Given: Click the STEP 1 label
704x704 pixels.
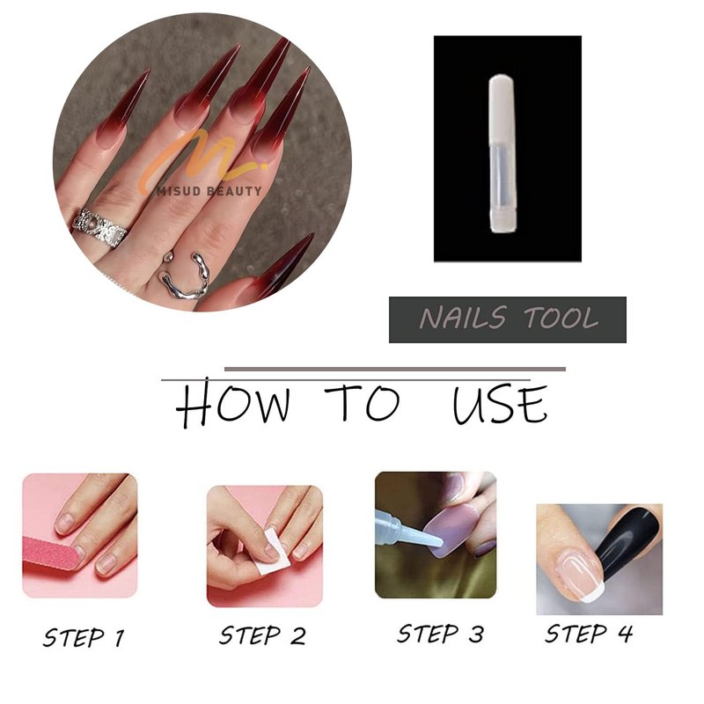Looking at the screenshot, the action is (x=84, y=637).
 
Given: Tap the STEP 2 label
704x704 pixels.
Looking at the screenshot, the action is (x=262, y=635).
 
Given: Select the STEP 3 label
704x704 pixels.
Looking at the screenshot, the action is (x=441, y=634).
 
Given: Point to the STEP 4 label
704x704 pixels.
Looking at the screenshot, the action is (x=589, y=634).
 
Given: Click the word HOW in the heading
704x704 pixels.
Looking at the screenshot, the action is (x=233, y=403).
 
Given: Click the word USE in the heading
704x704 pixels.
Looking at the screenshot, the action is (x=500, y=404).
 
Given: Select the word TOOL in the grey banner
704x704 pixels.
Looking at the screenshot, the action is (x=561, y=318).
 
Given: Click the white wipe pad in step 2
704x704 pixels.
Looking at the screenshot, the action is (x=268, y=553).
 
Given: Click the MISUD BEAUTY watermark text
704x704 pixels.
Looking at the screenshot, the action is (x=209, y=191).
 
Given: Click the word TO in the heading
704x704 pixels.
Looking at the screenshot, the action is (x=363, y=402).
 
